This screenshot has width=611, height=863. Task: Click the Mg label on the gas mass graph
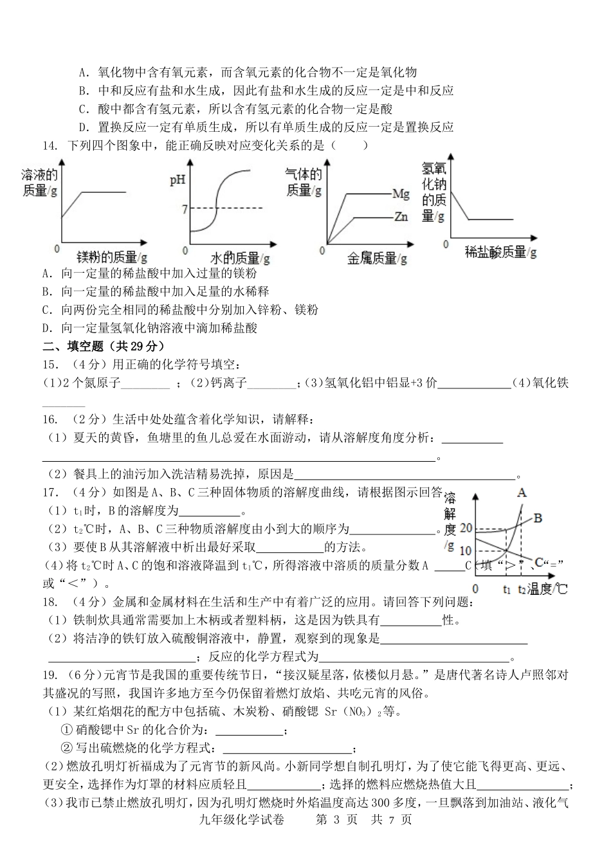click(x=401, y=193)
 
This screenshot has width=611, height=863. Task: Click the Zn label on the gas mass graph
click(x=401, y=217)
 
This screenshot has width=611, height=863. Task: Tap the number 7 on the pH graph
click(x=184, y=208)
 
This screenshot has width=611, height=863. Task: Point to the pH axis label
click(x=178, y=180)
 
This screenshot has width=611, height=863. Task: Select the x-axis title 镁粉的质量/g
click(x=112, y=257)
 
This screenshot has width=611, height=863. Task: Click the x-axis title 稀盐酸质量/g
click(x=501, y=252)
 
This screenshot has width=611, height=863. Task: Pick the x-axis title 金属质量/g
click(x=377, y=259)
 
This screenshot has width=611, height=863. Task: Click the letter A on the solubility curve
click(x=522, y=493)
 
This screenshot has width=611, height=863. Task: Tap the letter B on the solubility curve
click(x=538, y=517)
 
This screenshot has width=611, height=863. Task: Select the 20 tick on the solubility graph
click(x=466, y=529)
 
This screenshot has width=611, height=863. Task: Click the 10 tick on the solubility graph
click(x=466, y=551)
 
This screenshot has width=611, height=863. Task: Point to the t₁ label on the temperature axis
click(x=507, y=588)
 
